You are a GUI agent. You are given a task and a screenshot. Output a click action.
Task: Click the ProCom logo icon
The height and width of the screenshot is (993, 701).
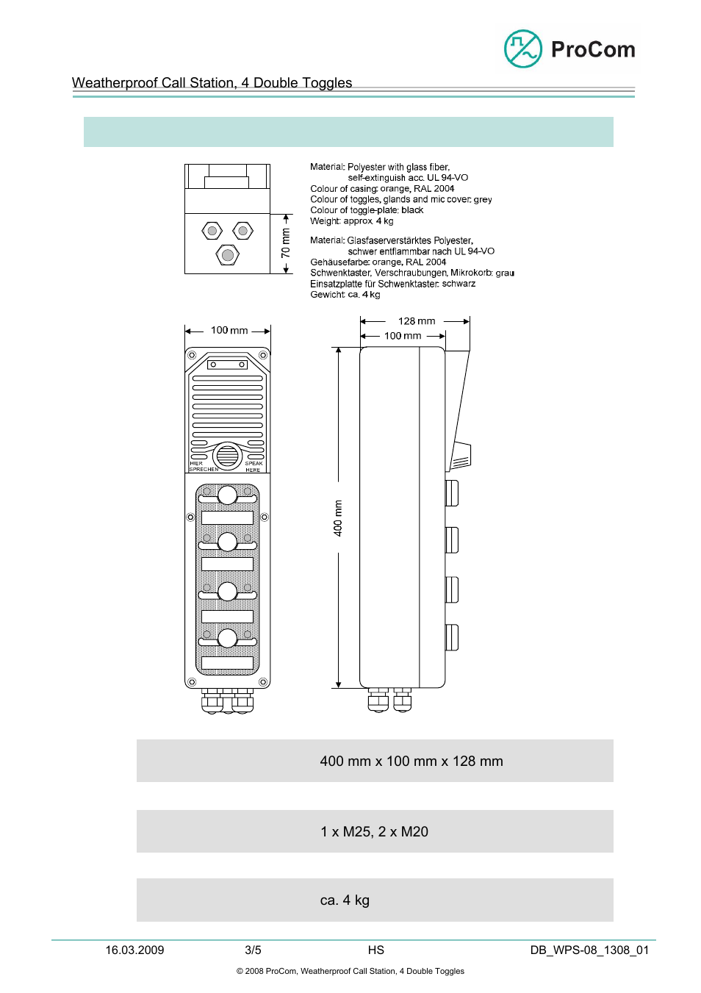pyautogui.click(x=522, y=49)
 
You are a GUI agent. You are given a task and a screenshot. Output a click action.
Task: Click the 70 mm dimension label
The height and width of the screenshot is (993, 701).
pyautogui.click(x=286, y=243)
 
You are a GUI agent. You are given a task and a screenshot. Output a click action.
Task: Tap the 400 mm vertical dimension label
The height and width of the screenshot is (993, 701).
pyautogui.click(x=338, y=517)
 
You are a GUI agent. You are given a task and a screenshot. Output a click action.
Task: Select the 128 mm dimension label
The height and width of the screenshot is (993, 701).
pyautogui.click(x=417, y=321)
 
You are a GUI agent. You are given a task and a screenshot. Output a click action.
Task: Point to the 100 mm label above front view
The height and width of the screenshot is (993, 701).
pyautogui.click(x=229, y=331)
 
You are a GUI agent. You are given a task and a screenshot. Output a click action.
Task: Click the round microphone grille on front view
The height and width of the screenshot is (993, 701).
pyautogui.click(x=228, y=456)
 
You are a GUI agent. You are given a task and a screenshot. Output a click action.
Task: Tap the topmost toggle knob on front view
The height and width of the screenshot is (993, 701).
pyautogui.click(x=228, y=495)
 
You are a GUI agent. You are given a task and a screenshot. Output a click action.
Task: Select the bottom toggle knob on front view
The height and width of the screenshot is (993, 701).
pyautogui.click(x=228, y=638)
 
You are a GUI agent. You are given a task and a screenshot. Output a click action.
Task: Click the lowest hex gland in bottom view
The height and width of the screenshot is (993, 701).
pyautogui.click(x=228, y=255)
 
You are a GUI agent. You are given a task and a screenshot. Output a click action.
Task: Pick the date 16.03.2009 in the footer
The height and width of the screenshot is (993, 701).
pyautogui.click(x=134, y=950)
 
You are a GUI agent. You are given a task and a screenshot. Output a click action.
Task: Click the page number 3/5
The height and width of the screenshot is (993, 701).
pyautogui.click(x=253, y=950)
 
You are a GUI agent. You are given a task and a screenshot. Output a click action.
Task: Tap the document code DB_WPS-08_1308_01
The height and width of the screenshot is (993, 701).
pyautogui.click(x=589, y=950)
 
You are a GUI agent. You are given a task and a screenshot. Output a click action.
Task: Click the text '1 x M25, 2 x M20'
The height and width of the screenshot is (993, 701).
pyautogui.click(x=374, y=831)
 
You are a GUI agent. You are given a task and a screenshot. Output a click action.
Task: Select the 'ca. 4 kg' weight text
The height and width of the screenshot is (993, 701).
pyautogui.click(x=345, y=900)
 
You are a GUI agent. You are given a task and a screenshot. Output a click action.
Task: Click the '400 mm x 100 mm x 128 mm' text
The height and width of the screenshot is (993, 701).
pyautogui.click(x=411, y=761)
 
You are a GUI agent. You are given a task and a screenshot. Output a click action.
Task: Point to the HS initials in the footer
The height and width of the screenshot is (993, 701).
pyautogui.click(x=376, y=950)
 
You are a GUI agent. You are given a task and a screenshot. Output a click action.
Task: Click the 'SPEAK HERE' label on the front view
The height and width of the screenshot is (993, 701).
pyautogui.click(x=254, y=467)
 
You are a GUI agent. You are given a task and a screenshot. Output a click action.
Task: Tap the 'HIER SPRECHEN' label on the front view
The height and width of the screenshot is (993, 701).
pyautogui.click(x=202, y=467)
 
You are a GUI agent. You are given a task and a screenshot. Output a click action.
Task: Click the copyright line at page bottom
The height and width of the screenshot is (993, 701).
pyautogui.click(x=350, y=971)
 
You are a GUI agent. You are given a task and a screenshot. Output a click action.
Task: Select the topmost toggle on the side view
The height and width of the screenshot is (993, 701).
pyautogui.click(x=452, y=492)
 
